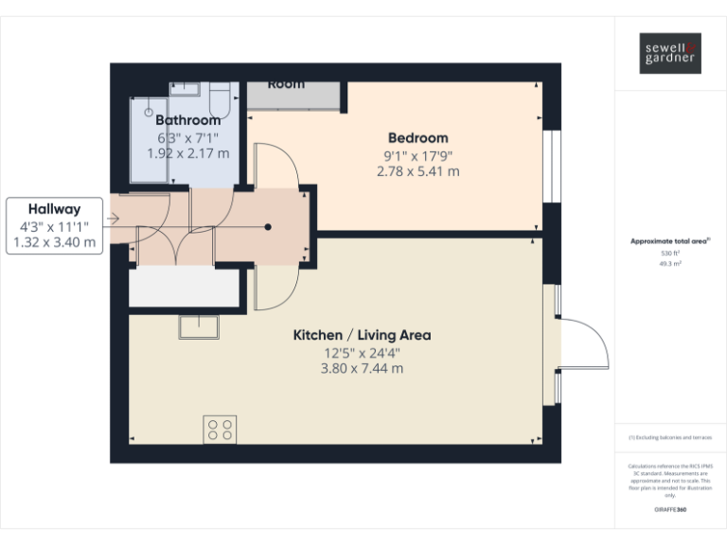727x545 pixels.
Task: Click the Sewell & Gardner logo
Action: click(669, 52)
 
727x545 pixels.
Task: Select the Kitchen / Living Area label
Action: click(362, 335)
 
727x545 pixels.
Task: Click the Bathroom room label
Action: click(187, 120)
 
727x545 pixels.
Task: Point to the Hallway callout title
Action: click(54, 209)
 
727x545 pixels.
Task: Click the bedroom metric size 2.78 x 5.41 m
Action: click(417, 171)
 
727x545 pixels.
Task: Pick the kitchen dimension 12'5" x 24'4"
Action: click(362, 353)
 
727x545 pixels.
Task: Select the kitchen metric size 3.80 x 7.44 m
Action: click(362, 368)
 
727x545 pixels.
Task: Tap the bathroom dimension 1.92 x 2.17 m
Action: click(187, 151)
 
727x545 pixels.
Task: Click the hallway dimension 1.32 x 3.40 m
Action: click(54, 242)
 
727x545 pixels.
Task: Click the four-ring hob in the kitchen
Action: click(220, 430)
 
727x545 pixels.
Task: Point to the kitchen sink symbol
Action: click(199, 326)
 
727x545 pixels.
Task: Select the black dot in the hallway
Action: click(268, 227)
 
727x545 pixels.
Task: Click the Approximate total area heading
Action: click(669, 241)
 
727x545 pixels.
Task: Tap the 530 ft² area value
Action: click(669, 254)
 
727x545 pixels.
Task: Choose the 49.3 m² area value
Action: click(669, 264)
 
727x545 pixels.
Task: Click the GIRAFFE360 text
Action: click(669, 510)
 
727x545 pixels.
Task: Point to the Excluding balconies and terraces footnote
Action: click(669, 437)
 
